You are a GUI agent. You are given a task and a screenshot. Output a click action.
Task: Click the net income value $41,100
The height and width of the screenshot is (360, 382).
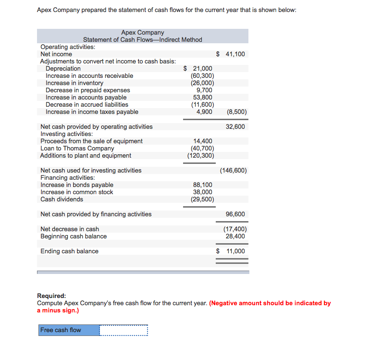(x=231, y=54)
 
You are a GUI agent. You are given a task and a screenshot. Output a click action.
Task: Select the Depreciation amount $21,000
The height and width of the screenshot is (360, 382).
(x=198, y=69)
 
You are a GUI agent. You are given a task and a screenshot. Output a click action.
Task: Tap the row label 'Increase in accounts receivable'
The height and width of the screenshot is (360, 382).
(x=89, y=76)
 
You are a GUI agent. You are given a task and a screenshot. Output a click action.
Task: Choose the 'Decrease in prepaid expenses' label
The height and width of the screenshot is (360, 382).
(x=87, y=90)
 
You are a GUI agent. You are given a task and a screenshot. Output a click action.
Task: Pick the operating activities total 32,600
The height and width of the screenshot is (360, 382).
(x=235, y=127)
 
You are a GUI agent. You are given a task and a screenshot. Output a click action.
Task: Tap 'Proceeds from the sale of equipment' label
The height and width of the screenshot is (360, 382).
(x=91, y=141)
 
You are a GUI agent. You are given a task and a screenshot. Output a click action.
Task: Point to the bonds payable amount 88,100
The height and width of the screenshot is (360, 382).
(x=202, y=185)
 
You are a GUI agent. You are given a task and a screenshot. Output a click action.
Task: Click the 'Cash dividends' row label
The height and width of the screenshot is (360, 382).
(x=62, y=199)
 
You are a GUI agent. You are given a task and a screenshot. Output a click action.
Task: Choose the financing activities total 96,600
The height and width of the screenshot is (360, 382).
(x=235, y=214)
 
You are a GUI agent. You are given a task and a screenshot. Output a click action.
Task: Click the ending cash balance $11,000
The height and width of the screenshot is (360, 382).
(x=231, y=251)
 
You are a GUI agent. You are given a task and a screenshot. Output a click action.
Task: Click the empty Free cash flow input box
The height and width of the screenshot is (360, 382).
(x=123, y=330)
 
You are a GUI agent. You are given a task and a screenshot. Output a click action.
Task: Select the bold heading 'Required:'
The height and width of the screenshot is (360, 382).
(x=51, y=296)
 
